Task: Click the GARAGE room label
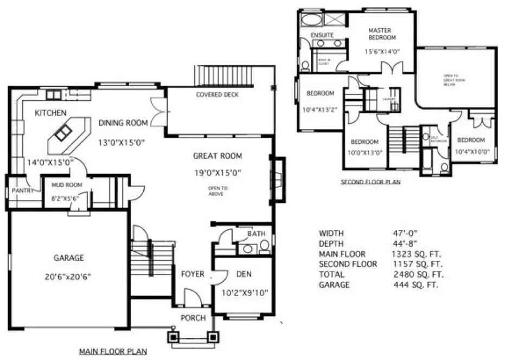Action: tap(68, 258)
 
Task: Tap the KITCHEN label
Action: tap(50, 113)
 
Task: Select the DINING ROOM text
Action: tap(123, 123)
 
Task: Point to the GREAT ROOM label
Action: tap(218, 156)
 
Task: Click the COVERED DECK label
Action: tap(217, 95)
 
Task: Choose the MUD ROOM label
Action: tap(67, 185)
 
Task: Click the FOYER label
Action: tap(193, 274)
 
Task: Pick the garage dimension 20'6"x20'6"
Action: tap(68, 277)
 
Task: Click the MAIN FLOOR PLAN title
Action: tap(113, 352)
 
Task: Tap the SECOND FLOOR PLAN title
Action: tap(370, 182)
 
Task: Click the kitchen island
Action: tap(65, 133)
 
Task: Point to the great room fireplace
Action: tap(278, 179)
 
